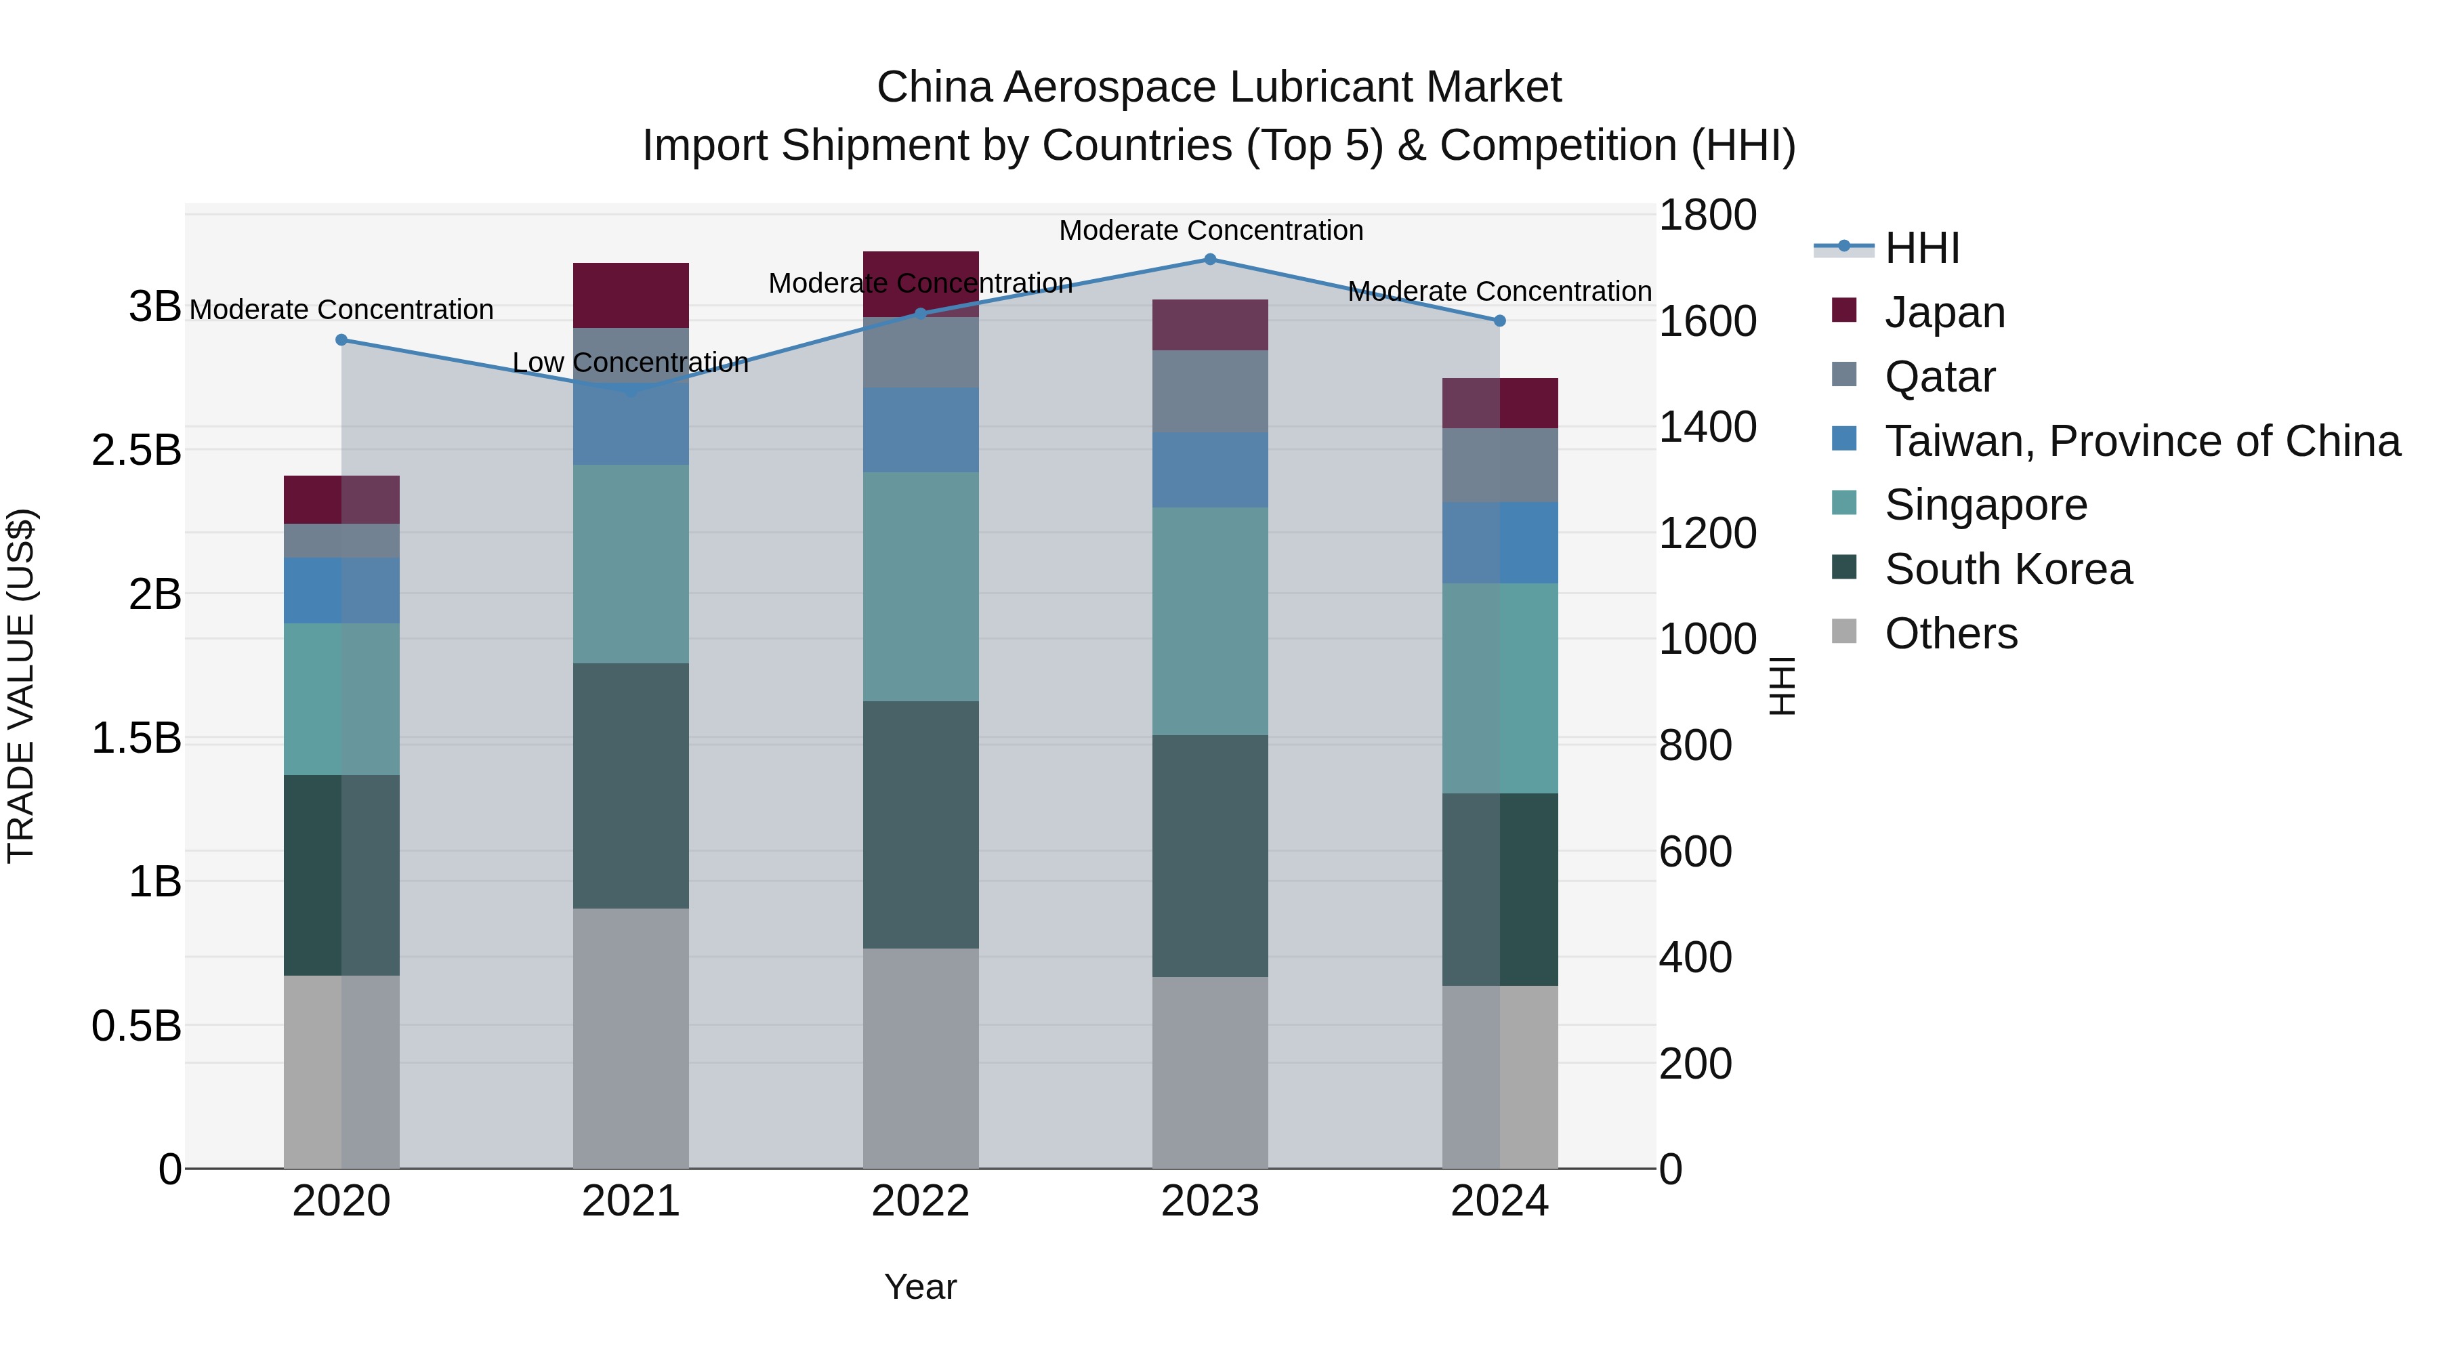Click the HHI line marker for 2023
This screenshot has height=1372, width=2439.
point(1209,259)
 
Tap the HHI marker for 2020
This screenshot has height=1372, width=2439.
point(342,340)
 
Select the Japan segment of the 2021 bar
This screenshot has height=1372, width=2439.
point(631,295)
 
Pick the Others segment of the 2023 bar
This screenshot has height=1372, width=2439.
point(1209,1072)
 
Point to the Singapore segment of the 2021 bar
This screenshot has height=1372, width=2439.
point(631,564)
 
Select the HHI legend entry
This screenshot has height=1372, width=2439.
point(1921,248)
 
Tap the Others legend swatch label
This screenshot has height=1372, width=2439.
point(1951,633)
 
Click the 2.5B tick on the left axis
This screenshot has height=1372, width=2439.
point(135,450)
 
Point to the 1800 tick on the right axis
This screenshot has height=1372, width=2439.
point(1707,215)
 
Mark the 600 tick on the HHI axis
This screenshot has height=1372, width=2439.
point(1695,851)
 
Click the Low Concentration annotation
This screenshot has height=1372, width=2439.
point(631,362)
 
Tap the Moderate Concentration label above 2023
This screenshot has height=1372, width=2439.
point(1210,230)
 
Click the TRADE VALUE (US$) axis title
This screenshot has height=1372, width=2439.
point(21,686)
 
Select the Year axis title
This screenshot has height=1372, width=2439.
point(920,1287)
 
